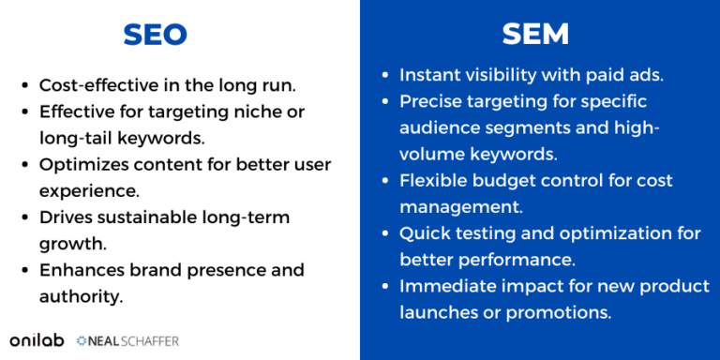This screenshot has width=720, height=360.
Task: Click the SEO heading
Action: pos(156,36)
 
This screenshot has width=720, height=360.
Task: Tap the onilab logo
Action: pos(37,339)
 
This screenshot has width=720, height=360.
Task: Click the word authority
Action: pos(81,296)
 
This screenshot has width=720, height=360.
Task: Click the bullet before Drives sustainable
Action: pos(25,217)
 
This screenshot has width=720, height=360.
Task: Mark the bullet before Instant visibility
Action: pos(386,74)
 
